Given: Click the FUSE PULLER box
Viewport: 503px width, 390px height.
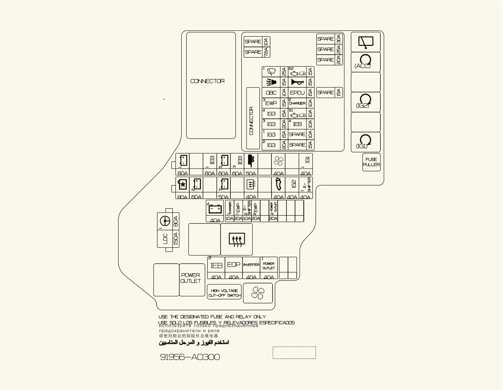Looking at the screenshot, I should [x=371, y=162].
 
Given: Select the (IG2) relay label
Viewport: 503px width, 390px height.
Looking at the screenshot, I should [x=362, y=106].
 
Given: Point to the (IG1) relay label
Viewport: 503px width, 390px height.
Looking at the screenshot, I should [x=362, y=146].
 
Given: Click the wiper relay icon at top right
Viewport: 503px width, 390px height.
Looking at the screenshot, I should [x=365, y=42].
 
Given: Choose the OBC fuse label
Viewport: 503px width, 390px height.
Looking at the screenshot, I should [x=271, y=93].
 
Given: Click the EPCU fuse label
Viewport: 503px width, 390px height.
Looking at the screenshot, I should [x=297, y=93].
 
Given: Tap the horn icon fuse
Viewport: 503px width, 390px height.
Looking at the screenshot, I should [x=297, y=82].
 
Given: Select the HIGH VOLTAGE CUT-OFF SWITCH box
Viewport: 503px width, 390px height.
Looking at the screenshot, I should [x=225, y=292].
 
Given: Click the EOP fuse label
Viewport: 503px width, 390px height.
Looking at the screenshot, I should [x=234, y=265].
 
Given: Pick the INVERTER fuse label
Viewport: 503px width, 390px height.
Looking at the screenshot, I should [x=251, y=265].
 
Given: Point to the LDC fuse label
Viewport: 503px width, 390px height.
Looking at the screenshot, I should [x=165, y=239].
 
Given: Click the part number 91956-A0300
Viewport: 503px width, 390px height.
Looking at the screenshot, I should [x=190, y=357].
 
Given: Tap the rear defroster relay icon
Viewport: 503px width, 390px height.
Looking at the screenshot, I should [x=236, y=240].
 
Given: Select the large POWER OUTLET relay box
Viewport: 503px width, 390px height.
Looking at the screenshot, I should [x=192, y=279].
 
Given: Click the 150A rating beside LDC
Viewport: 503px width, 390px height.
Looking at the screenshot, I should [x=175, y=239].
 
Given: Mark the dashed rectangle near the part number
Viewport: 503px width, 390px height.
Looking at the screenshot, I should [x=294, y=353].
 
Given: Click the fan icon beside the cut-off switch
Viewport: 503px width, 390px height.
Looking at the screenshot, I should [x=258, y=293].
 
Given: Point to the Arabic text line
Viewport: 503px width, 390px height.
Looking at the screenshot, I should [x=194, y=342].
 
